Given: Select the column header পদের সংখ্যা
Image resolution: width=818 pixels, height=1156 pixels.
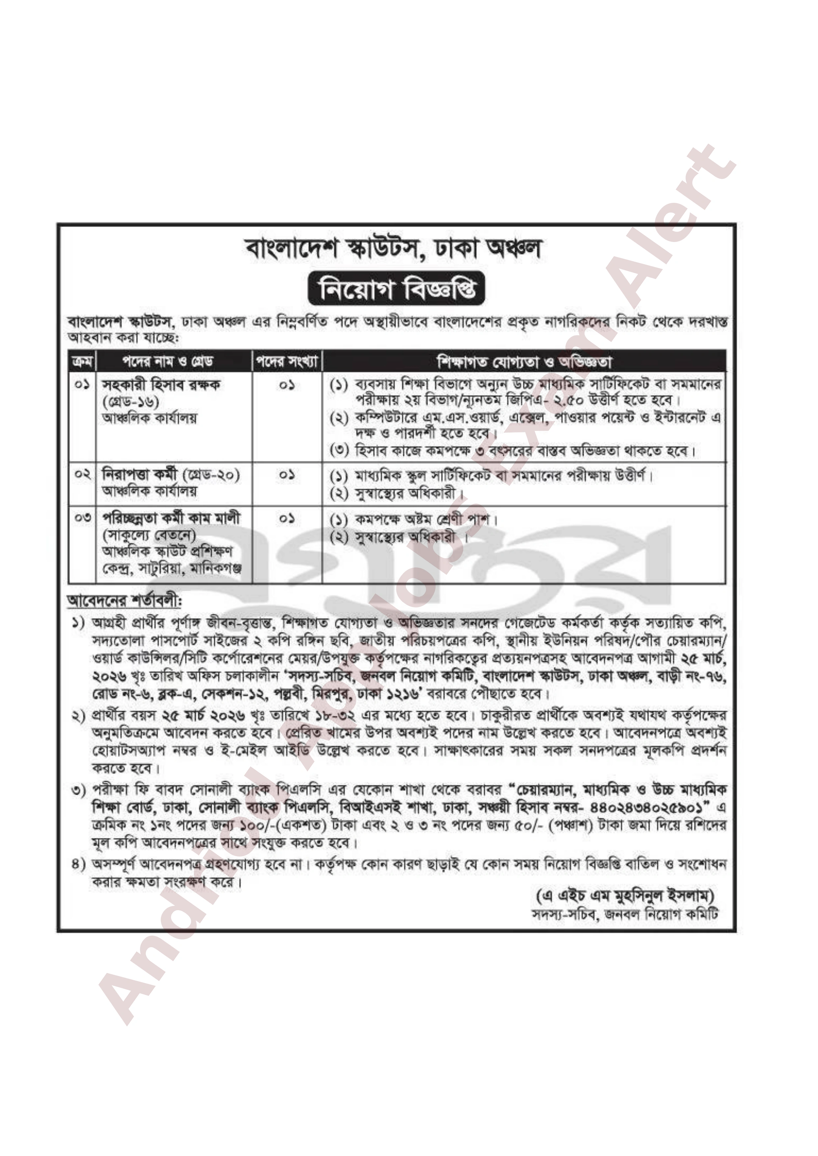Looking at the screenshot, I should coord(287,361).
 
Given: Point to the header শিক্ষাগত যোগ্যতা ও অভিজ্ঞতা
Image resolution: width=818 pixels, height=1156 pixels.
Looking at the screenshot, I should coord(524,361).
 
